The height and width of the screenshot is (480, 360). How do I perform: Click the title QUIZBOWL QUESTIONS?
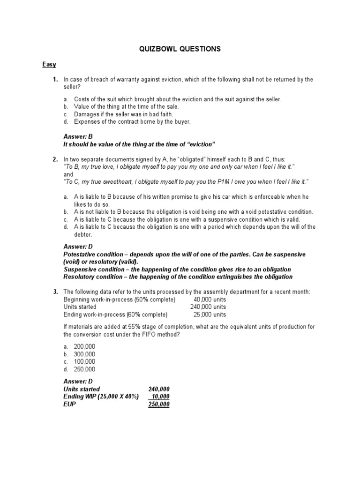tap(180, 49)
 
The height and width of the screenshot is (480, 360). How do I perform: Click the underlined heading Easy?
tap(48, 64)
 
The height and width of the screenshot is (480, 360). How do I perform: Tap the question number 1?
tap(55, 80)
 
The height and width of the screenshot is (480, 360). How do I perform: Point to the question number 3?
tap(55, 292)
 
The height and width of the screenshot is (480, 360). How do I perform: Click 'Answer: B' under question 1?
tap(79, 136)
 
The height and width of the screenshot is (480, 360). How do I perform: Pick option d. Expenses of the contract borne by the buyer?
tap(127, 122)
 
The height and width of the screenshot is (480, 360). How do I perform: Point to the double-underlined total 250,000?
tap(159, 404)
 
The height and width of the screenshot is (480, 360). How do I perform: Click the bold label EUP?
tap(70, 404)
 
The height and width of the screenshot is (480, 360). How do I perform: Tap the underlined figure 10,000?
tap(161, 397)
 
